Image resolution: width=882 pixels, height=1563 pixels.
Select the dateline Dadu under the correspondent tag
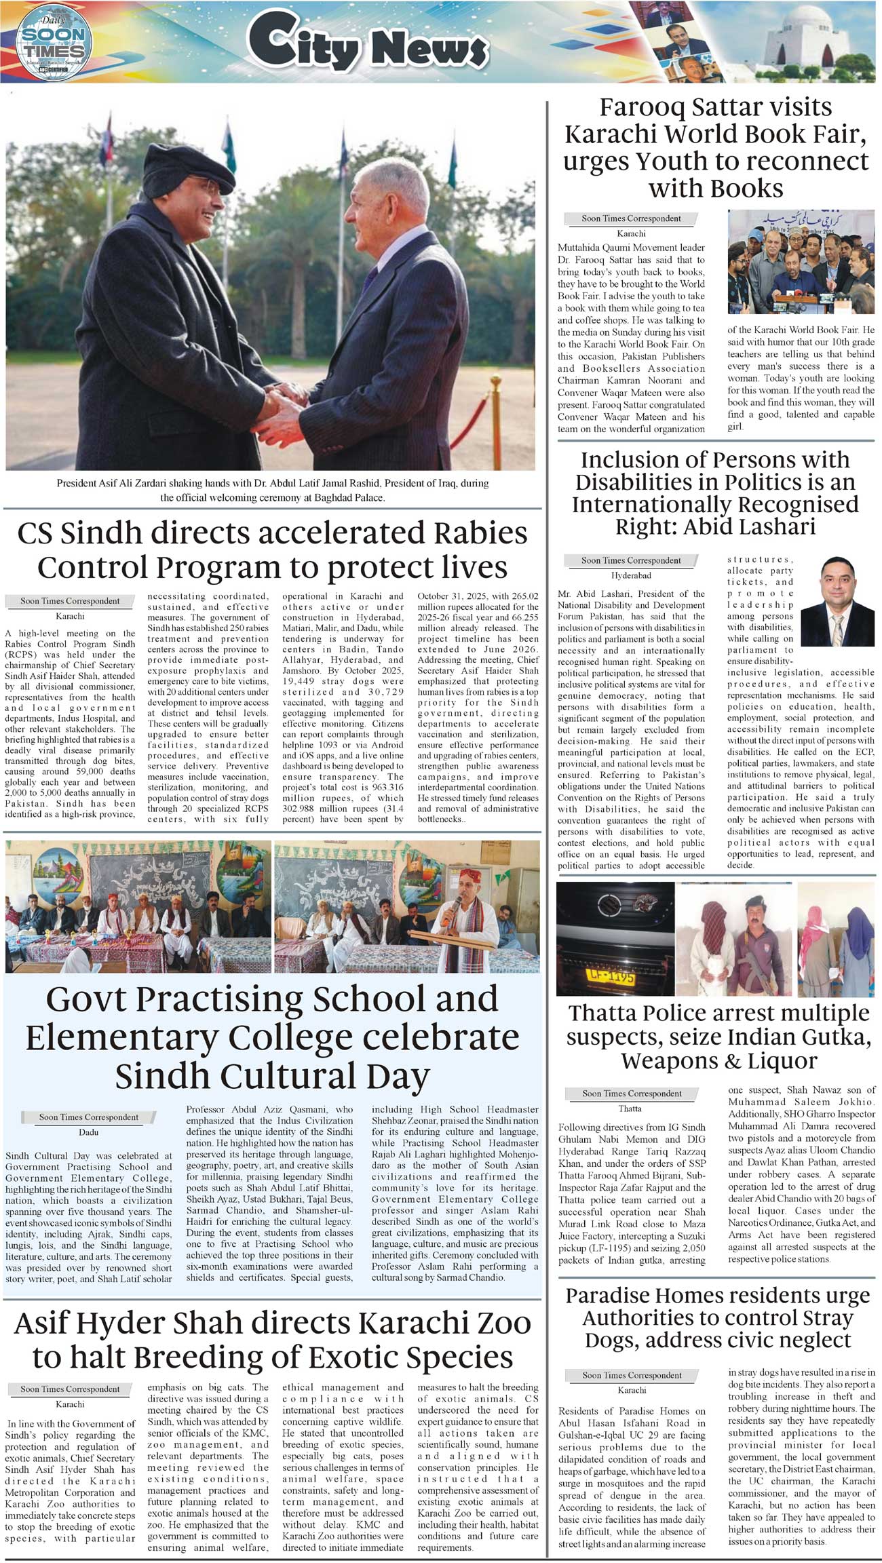pos(89,1132)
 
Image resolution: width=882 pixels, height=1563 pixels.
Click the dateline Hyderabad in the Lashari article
pos(631,575)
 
